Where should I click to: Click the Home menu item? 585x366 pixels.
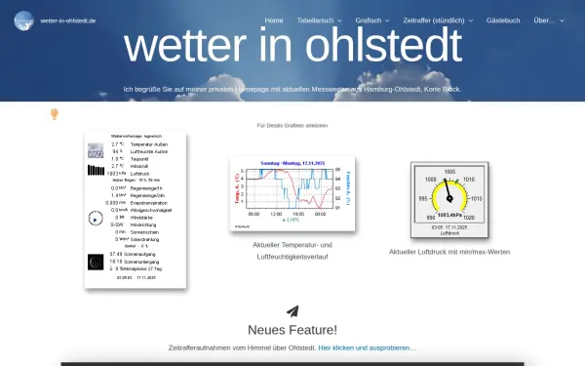274,20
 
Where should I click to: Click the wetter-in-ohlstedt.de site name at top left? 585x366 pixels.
68,20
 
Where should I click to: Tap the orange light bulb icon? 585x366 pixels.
55,113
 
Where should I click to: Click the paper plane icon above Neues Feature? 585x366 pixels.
292,311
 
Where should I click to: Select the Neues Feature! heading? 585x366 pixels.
292,330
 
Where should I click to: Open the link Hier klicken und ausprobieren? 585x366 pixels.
367,347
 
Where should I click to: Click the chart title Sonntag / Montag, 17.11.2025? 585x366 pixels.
292,163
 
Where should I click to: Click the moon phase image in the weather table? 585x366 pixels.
96,261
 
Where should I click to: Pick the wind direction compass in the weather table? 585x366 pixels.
96,218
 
